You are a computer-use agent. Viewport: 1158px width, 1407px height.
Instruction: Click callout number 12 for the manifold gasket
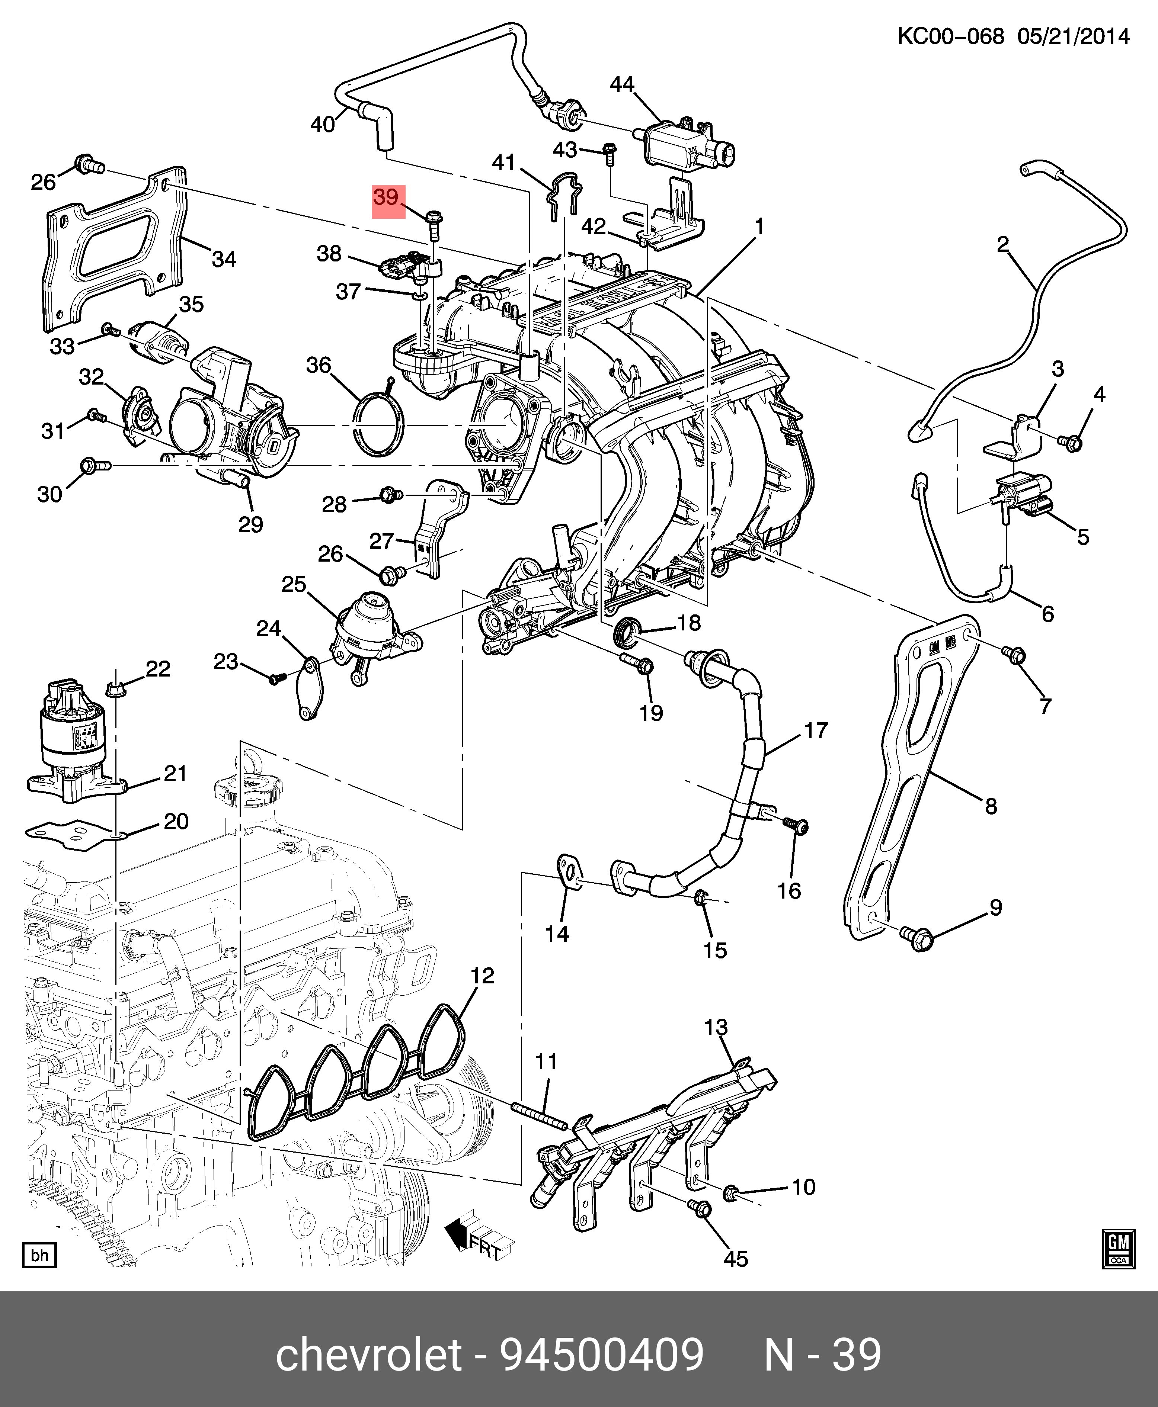(x=482, y=976)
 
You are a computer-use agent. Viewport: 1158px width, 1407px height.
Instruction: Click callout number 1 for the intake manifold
(x=759, y=227)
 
